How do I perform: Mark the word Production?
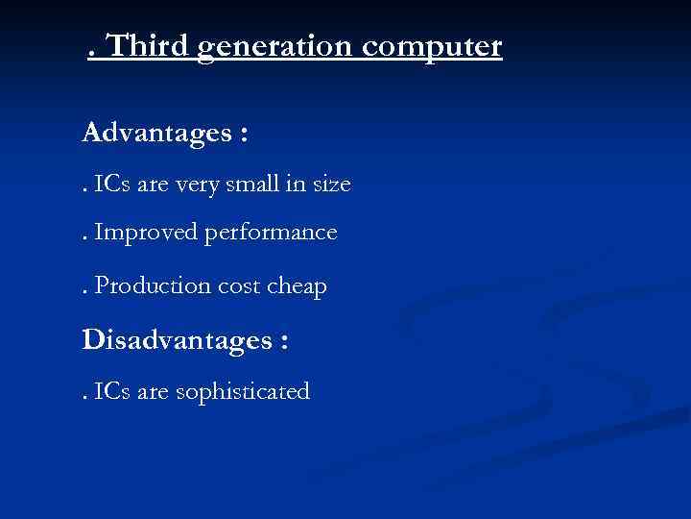pos(145,285)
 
